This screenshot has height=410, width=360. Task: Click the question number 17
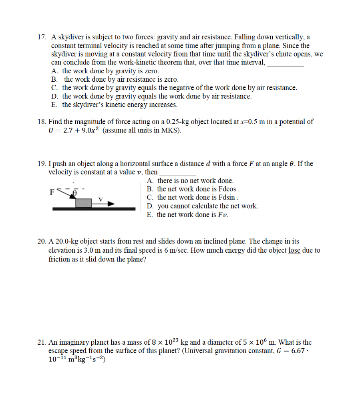tap(41, 37)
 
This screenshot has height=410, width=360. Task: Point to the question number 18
tap(41, 122)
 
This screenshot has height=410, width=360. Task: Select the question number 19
tap(41, 164)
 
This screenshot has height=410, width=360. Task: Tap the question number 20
tap(41, 242)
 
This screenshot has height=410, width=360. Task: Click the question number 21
tap(41, 342)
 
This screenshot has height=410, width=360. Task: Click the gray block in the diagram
tap(84, 202)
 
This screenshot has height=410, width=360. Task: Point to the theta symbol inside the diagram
tap(74, 192)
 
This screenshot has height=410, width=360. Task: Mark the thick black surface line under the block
tap(94, 209)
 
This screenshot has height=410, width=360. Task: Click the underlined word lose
tap(294, 251)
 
